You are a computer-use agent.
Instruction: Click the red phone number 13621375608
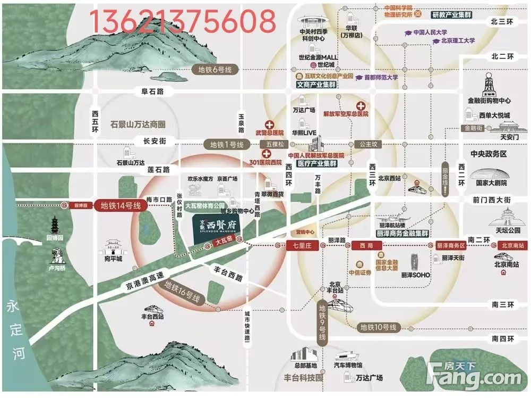tap(182, 21)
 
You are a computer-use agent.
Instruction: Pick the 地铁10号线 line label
tap(378, 327)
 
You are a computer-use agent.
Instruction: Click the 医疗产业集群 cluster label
tap(317, 164)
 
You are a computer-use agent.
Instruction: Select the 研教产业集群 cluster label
tap(451, 15)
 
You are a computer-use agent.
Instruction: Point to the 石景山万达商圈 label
tap(138, 124)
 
